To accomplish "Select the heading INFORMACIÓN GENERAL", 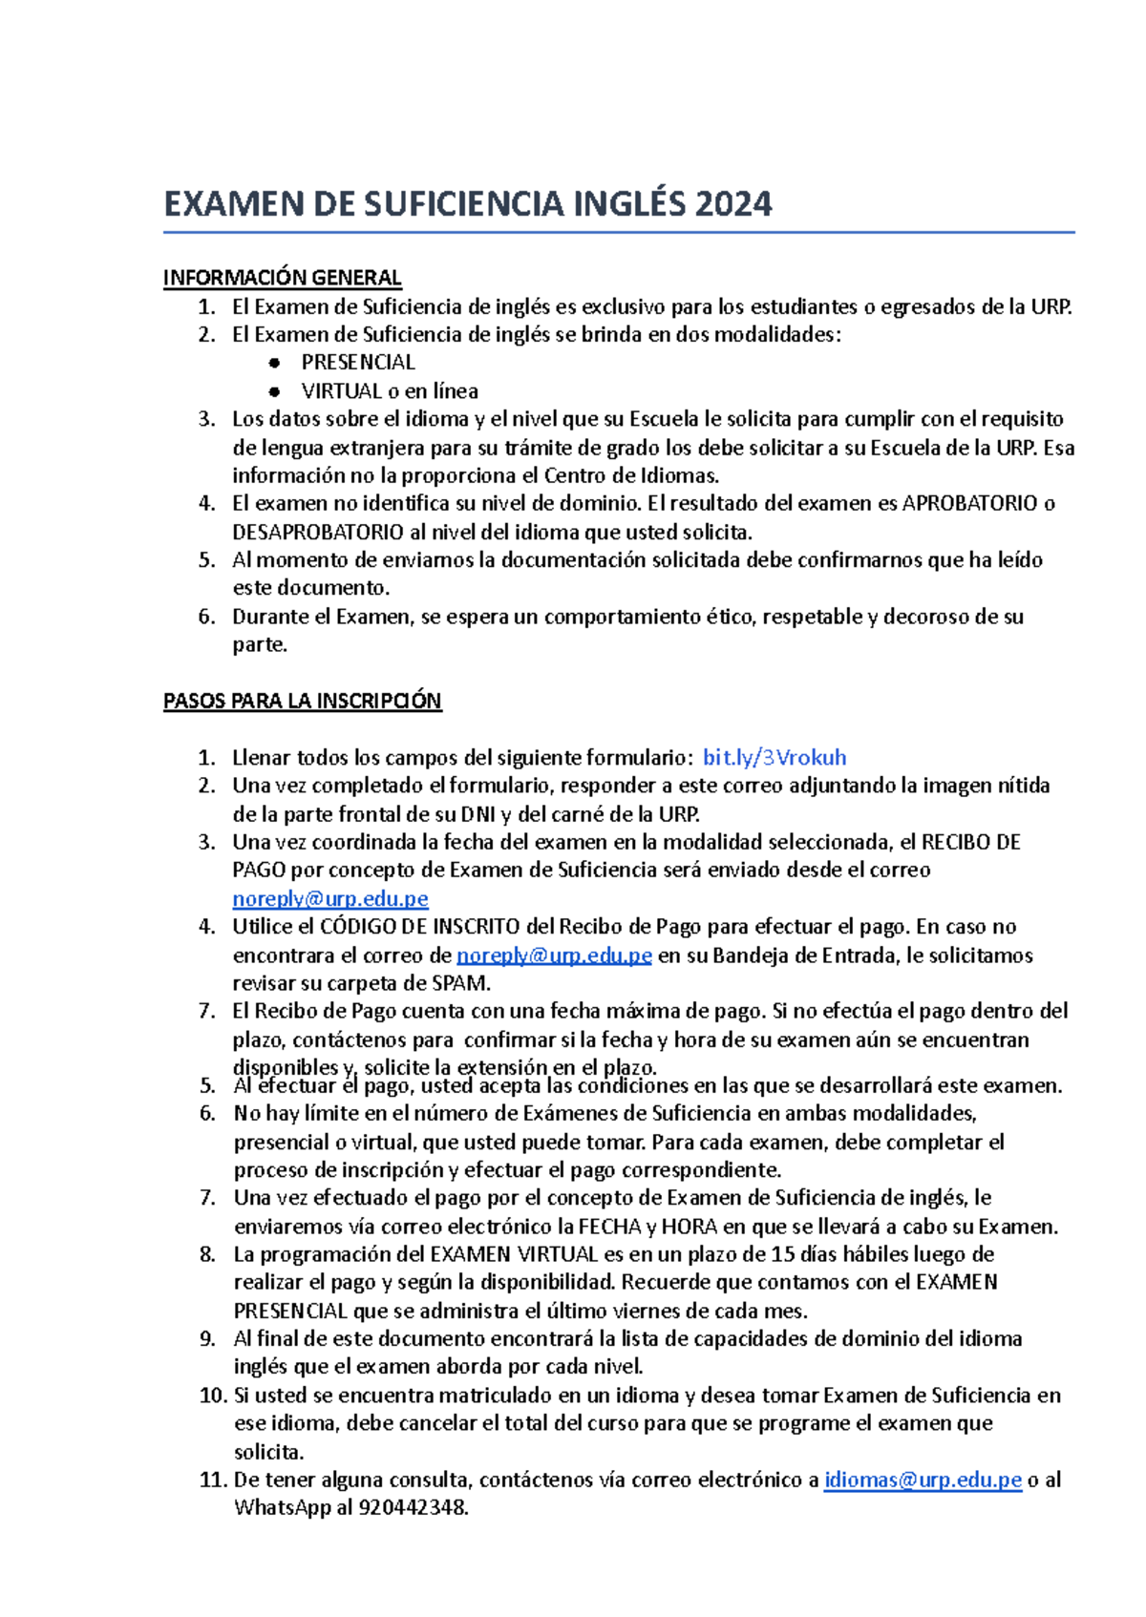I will coord(282,278).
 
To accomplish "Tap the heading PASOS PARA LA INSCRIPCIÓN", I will coord(302,702).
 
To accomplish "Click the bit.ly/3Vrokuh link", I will coord(775,758).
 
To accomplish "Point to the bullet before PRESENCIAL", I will coord(275,363).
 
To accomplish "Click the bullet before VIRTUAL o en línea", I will coord(275,391).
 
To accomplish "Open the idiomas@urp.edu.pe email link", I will coord(923,1480).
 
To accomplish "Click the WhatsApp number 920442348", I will coord(413,1508).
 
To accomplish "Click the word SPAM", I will coord(460,983).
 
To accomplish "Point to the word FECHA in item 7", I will coord(609,1227).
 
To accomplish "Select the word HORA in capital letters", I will coord(690,1227).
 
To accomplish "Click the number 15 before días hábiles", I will coord(782,1254).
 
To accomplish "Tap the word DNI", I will coord(477,814).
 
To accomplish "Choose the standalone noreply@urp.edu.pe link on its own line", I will coord(330,899).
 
